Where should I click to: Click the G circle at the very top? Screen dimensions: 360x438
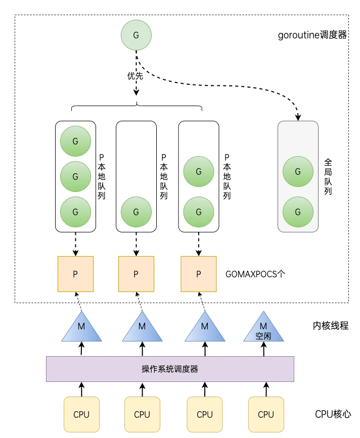tap(136, 35)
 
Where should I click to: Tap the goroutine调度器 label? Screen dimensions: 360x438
tap(312, 35)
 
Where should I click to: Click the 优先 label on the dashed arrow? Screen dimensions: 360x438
tap(136, 76)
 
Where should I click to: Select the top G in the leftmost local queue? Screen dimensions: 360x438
tap(75, 141)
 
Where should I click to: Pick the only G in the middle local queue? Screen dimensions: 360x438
tap(136, 212)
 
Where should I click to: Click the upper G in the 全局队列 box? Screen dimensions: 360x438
tap(298, 171)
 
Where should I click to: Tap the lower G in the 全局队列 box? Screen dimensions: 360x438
tap(298, 212)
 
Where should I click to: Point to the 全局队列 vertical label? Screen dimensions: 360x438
tap(328, 176)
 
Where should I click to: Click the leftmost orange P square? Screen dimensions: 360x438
tap(75, 274)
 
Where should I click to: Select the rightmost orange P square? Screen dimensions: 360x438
tap(199, 274)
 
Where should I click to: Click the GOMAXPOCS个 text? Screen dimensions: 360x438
tap(255, 274)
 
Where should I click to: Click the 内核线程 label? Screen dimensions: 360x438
tap(331, 325)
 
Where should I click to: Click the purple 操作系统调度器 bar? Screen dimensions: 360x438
tap(170, 369)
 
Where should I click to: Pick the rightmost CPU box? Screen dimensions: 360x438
tap(266, 414)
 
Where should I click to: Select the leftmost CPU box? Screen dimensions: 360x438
tap(81, 414)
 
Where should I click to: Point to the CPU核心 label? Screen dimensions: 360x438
tap(333, 414)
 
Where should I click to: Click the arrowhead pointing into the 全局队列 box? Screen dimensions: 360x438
tap(298, 117)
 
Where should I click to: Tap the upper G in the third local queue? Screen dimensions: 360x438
tap(199, 171)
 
